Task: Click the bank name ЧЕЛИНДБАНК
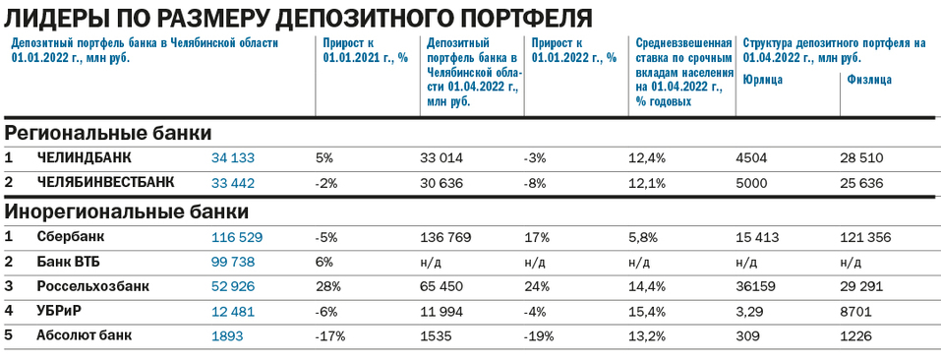point(84,157)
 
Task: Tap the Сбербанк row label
point(70,237)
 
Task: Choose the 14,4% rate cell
point(645,286)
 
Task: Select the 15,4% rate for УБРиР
point(645,311)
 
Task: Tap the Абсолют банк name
point(85,335)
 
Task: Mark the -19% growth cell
point(541,335)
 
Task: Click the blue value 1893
point(227,335)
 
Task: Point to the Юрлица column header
point(764,80)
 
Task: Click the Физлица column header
point(869,80)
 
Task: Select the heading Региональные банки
point(108,132)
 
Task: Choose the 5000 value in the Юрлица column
point(752,182)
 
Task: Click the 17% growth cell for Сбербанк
point(536,237)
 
